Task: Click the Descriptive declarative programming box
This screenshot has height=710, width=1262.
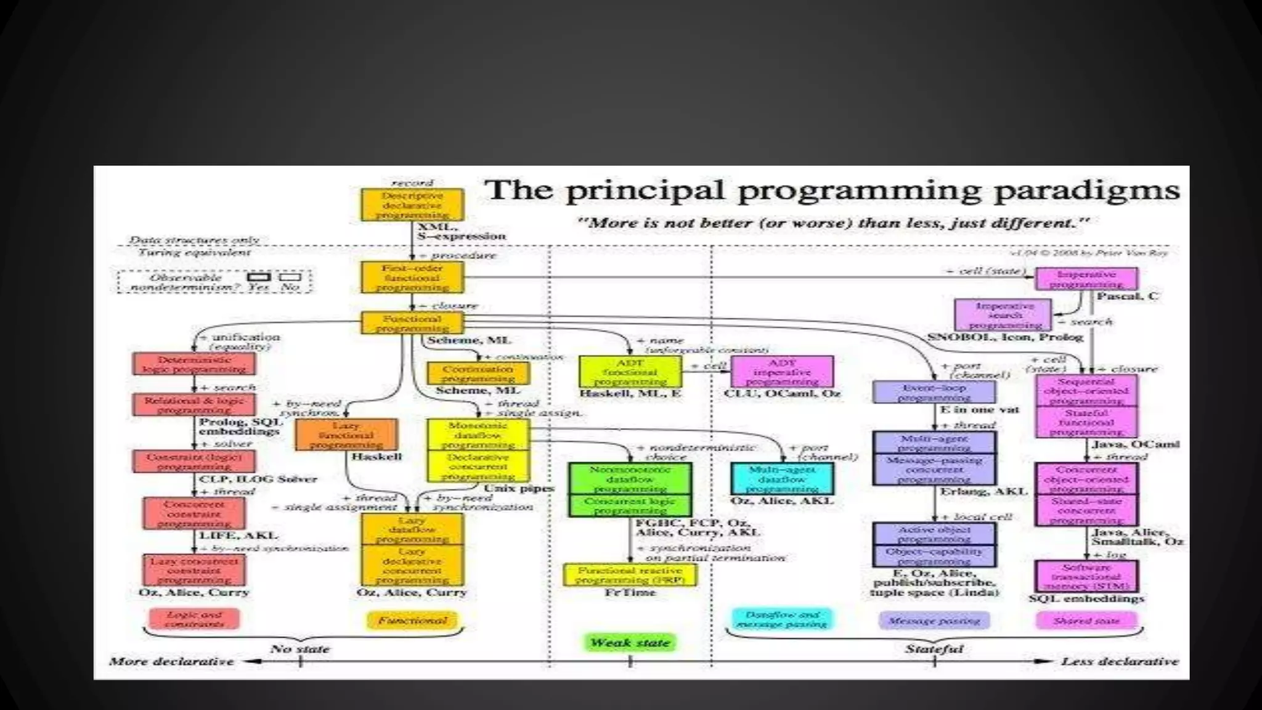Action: pos(412,205)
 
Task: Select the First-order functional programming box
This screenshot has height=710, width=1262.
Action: pos(412,277)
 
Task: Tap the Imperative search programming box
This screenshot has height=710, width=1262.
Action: pos(1004,316)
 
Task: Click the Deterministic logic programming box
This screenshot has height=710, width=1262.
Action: pos(194,364)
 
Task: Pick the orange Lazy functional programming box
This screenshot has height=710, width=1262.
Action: pos(346,435)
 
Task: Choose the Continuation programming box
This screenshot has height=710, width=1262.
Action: pos(478,373)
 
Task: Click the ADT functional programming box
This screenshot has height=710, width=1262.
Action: pos(630,372)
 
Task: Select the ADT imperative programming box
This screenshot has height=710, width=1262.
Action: pos(782,372)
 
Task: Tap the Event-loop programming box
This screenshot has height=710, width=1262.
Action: pos(934,393)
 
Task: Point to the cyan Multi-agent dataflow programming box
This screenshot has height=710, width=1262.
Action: pos(782,479)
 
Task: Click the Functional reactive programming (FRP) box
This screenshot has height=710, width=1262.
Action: pos(630,575)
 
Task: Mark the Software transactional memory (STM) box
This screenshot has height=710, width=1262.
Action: pos(1086,577)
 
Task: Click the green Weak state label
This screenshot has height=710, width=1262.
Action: pos(630,643)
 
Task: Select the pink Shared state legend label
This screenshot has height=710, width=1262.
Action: pos(1086,621)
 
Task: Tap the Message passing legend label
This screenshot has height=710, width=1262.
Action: pos(934,621)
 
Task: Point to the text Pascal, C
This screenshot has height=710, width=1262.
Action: pos(1128,296)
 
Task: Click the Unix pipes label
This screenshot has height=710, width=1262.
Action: pos(519,488)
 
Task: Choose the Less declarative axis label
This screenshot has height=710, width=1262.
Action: pos(1120,661)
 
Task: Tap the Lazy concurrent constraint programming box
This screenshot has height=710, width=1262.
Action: pos(194,571)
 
